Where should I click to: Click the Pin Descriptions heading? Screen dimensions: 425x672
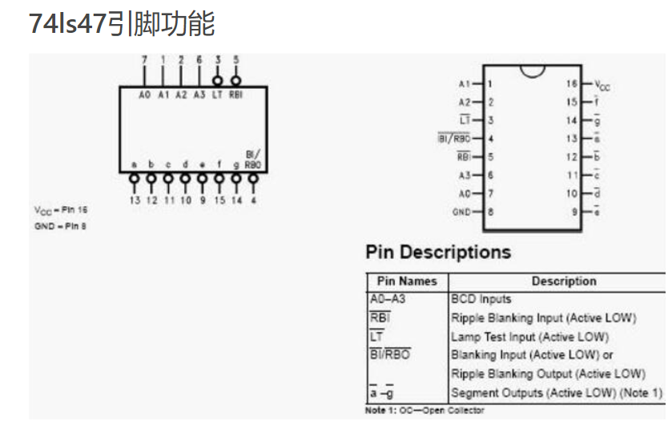437,252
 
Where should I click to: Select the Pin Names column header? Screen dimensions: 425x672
407,281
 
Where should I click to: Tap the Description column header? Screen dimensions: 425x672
564,281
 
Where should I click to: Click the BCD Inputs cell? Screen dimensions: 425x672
481,299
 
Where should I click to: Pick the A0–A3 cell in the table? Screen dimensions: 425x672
388,299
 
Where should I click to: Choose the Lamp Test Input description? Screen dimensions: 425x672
529,337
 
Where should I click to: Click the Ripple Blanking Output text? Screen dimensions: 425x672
547,374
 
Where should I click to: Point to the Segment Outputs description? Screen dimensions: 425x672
557,393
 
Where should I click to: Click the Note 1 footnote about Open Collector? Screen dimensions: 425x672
425,411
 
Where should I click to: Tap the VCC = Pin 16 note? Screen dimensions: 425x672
61,210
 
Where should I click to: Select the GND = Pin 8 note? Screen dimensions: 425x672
60,226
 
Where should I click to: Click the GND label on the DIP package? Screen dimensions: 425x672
461,212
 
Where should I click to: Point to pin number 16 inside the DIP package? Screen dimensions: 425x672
572,83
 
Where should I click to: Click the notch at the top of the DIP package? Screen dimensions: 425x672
532,71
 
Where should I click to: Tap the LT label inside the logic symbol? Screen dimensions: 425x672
217,95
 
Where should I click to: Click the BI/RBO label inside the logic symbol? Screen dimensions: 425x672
253,160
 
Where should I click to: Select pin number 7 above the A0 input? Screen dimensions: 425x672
144,60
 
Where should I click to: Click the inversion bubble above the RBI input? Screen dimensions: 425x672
235,80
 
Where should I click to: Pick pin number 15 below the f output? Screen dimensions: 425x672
219,200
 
